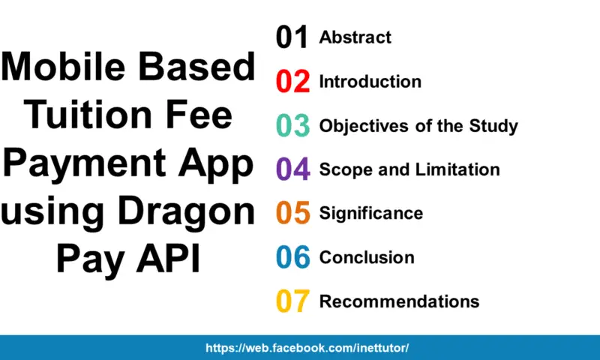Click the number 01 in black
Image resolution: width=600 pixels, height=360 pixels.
tap(292, 37)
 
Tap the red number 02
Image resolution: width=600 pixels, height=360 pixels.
tap(292, 82)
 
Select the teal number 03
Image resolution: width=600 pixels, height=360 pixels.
tap(292, 126)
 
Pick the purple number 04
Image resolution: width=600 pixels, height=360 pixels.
tap(292, 169)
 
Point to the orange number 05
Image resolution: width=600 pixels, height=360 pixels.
tap(292, 214)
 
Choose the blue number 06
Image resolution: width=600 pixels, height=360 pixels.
tap(292, 257)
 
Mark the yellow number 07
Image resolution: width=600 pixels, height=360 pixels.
tap(292, 301)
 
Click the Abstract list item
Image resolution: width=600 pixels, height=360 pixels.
tap(355, 37)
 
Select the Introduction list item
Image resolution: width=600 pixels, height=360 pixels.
tap(370, 82)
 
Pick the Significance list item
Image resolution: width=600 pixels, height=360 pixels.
tap(370, 214)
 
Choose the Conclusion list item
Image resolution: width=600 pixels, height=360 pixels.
tap(367, 257)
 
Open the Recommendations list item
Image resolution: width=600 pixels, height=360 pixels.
tap(399, 301)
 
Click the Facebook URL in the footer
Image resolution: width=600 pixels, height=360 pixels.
tap(307, 349)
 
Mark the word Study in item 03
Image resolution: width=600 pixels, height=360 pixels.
tap(492, 126)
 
